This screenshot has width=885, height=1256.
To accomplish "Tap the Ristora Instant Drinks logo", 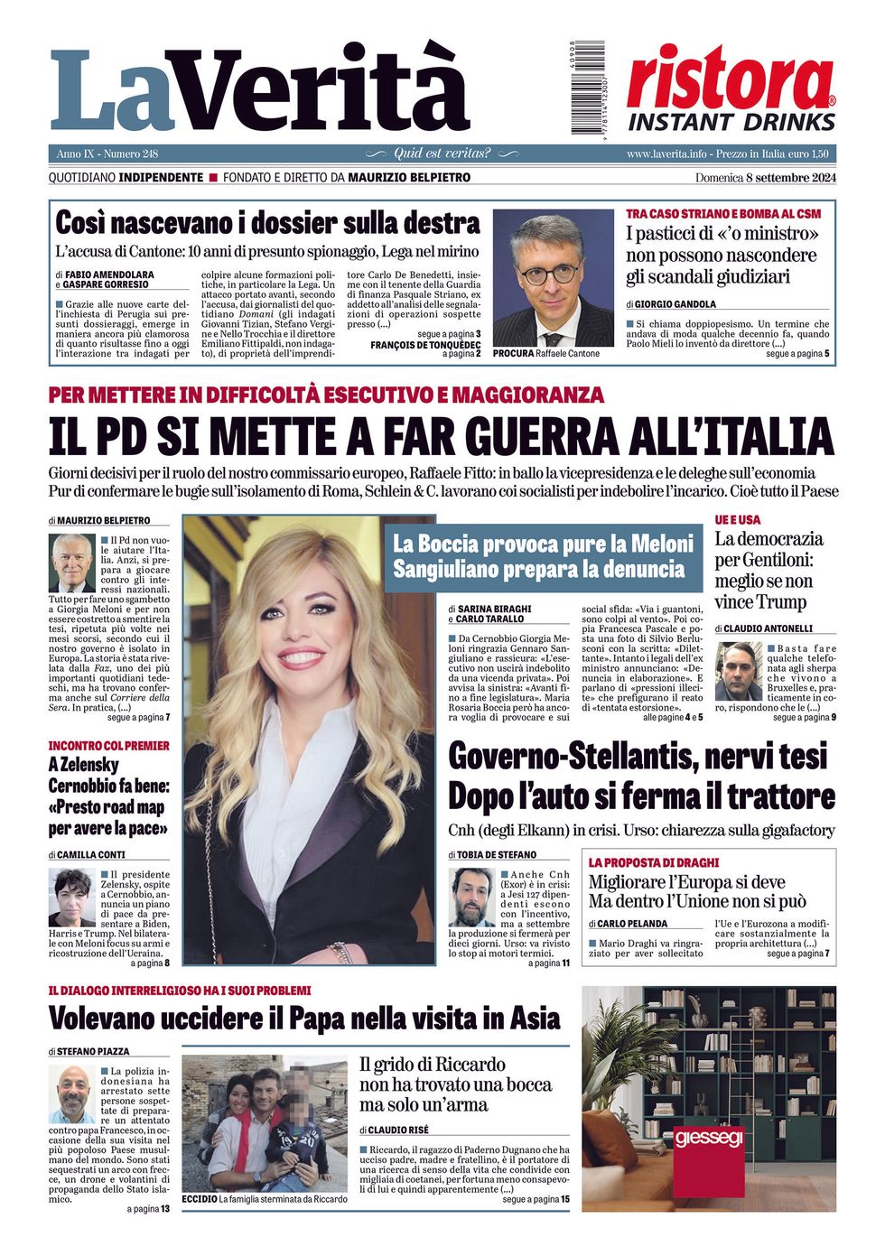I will [x=731, y=90].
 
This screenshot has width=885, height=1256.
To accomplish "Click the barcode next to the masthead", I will [x=587, y=88].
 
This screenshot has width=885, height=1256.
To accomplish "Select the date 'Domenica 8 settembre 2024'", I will [x=765, y=178].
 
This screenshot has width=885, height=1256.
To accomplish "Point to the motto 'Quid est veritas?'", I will [x=442, y=154].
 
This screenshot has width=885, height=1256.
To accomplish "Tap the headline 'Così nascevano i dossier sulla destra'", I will [x=267, y=223].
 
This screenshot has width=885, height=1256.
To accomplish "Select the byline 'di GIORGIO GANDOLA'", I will [x=671, y=304].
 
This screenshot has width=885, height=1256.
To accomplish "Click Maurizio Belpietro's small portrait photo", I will [x=72, y=563].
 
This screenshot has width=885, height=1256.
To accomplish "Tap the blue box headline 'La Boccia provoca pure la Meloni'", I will [x=543, y=544].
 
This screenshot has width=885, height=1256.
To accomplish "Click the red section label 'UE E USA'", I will [x=738, y=520].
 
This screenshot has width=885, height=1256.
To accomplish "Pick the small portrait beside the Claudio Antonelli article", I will [x=739, y=672].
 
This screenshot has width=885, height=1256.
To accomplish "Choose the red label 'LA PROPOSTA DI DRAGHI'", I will [x=654, y=862].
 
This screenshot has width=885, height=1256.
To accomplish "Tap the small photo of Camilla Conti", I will [x=72, y=897].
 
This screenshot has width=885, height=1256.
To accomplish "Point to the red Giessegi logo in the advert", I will [x=708, y=1137].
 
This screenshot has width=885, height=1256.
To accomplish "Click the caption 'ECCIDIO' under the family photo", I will [x=200, y=1199].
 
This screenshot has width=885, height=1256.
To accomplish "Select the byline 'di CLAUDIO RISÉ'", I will [x=394, y=1130].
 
